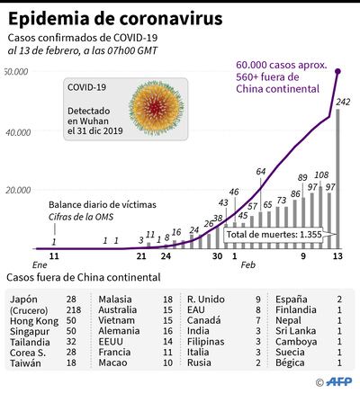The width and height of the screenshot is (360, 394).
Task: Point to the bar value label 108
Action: (322, 175)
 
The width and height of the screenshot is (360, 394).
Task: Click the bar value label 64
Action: (261, 171)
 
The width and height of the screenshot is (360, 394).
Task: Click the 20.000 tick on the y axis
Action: (18, 190)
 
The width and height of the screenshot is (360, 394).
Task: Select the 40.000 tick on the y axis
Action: (18, 132)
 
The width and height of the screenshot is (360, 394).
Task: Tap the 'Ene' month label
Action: (15, 266)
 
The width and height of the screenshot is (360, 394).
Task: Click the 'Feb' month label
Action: (248, 266)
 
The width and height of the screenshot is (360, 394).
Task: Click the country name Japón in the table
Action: (24, 298)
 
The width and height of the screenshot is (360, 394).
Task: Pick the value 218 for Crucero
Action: (71, 309)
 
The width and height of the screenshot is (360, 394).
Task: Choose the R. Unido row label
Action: (205, 298)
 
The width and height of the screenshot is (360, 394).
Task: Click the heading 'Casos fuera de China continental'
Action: (83, 278)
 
